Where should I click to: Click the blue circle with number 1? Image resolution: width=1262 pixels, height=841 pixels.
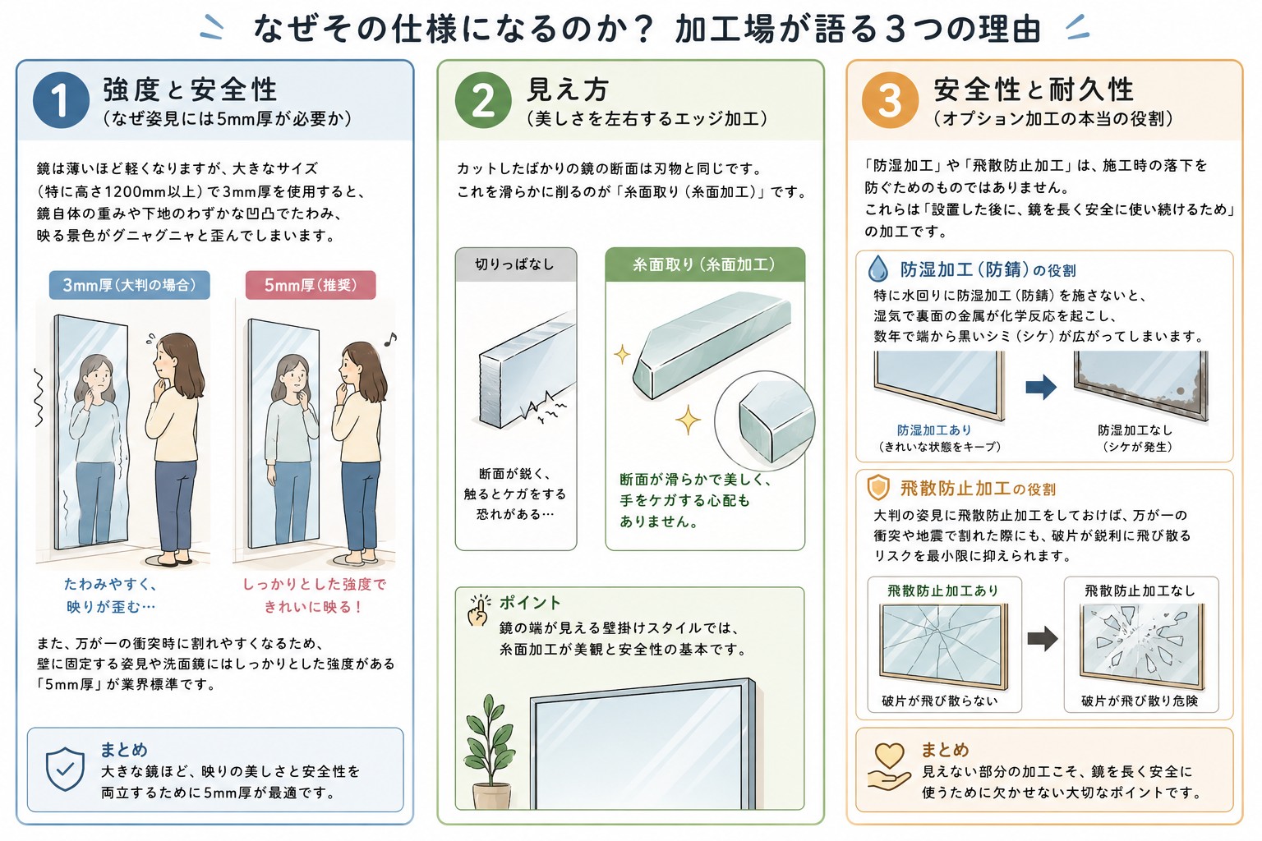[x=61, y=100]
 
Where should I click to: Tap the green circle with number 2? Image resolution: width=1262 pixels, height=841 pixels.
[x=483, y=100]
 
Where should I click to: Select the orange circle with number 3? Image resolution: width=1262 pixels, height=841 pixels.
[x=890, y=100]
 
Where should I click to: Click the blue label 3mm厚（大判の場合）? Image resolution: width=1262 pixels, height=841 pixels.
[x=130, y=285]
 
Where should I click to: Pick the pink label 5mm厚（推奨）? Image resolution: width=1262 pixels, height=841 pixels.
[x=311, y=285]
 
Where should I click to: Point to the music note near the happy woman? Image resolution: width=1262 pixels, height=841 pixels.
[x=390, y=338]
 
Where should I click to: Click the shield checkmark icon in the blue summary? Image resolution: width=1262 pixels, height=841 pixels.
[x=66, y=769]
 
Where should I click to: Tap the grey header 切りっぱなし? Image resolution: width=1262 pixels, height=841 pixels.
[x=515, y=264]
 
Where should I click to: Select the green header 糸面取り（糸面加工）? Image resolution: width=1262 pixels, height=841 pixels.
[x=705, y=264]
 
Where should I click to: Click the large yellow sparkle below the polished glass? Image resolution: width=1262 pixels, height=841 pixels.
[x=688, y=420]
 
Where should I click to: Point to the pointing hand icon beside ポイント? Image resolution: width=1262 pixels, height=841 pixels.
[x=478, y=610]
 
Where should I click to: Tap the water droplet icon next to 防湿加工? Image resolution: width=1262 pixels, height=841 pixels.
[x=877, y=269]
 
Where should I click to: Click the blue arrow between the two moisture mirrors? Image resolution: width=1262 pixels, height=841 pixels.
[x=1041, y=387]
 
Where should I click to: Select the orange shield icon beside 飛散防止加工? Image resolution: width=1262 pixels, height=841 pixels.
[x=877, y=488]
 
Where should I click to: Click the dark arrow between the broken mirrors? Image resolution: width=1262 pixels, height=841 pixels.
[x=1043, y=638]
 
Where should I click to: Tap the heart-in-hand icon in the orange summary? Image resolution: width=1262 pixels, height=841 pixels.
[x=889, y=766]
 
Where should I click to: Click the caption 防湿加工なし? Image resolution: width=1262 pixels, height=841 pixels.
[x=1135, y=430]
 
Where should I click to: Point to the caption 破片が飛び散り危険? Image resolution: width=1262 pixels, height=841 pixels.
[x=1140, y=701]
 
